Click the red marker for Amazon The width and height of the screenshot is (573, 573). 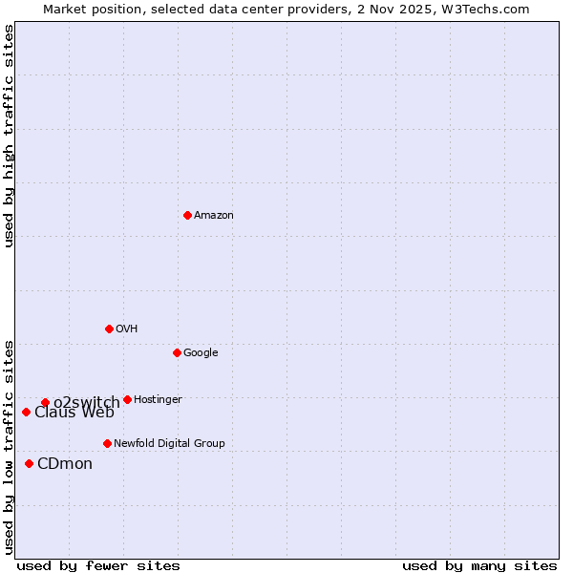coord(187,215)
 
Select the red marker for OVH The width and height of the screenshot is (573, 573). coord(109,329)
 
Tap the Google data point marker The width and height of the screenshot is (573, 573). coord(177,352)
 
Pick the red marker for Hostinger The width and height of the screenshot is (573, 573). coord(127,399)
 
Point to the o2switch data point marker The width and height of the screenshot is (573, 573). coord(45,402)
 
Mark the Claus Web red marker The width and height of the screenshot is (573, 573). coord(26,412)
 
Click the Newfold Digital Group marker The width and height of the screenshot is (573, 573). coord(107,443)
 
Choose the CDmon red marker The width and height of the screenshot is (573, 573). coord(29,463)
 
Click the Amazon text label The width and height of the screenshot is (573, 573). coord(214,216)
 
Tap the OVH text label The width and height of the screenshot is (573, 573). coord(127,329)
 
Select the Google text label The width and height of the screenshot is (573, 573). coord(201,353)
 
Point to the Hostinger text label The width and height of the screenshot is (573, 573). coord(158,400)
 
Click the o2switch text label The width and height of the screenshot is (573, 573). coord(86,402)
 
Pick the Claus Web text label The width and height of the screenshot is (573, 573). coord(74,413)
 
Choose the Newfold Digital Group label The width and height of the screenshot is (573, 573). coord(169,444)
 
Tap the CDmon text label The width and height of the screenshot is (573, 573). coord(65,464)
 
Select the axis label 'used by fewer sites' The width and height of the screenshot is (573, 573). coord(98,565)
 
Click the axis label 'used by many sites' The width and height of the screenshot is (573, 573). coord(479,565)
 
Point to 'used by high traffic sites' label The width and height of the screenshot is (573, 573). coord(9,136)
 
